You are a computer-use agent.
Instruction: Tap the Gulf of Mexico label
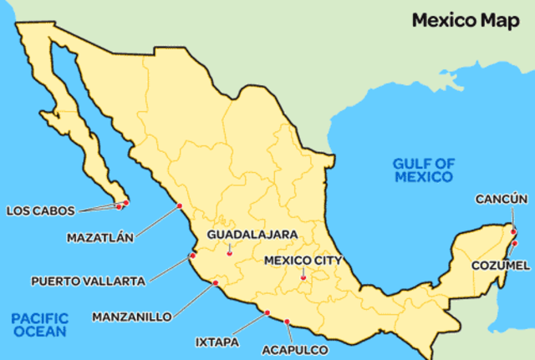click(x=424, y=170)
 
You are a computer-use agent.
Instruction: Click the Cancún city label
click(x=502, y=199)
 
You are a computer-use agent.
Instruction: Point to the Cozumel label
click(x=501, y=265)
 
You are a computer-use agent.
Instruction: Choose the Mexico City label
click(x=303, y=260)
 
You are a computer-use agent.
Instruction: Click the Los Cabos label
click(x=40, y=210)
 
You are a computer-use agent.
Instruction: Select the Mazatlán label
click(x=99, y=237)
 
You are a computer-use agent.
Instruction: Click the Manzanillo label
click(x=132, y=317)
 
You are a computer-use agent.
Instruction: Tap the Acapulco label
click(x=295, y=350)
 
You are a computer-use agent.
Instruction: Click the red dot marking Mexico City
click(x=303, y=278)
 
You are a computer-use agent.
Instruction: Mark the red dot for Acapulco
click(x=287, y=322)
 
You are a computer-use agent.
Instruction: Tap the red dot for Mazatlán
click(x=179, y=206)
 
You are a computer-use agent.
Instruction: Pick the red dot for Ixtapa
click(x=267, y=313)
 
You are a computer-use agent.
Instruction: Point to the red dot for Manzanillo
click(x=215, y=284)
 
